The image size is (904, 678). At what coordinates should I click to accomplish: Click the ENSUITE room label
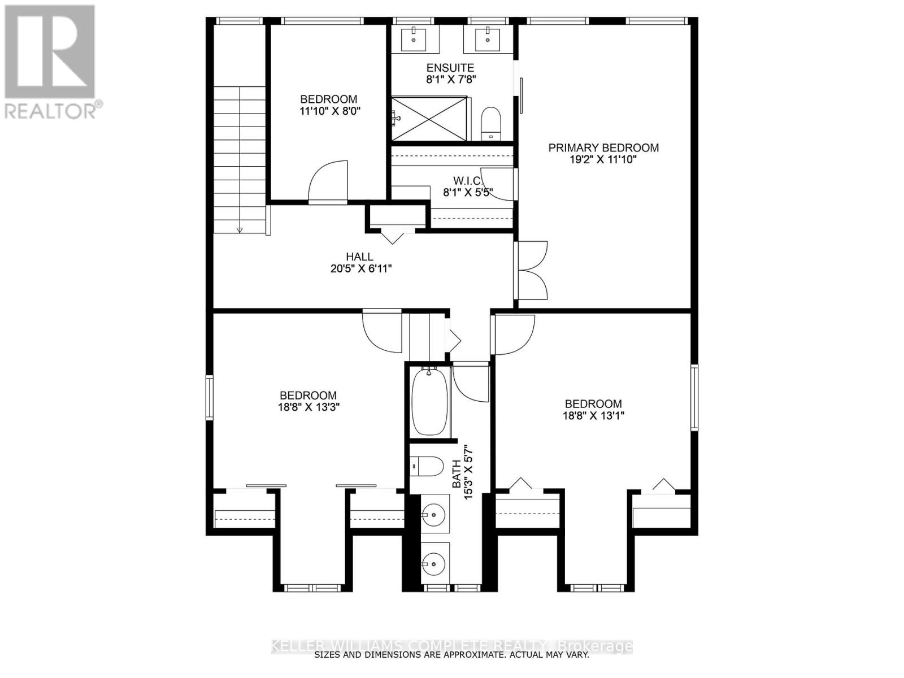[x=450, y=68]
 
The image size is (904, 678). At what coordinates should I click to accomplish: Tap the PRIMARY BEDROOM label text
[x=603, y=148]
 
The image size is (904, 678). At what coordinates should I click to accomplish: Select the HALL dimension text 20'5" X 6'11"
[x=360, y=269]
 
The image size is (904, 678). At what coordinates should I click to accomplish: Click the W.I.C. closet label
[x=467, y=181]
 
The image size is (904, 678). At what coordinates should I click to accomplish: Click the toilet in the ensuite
[x=491, y=123]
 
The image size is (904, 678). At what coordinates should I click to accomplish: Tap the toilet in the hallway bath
[x=428, y=467]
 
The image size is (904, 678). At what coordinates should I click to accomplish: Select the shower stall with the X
[x=430, y=119]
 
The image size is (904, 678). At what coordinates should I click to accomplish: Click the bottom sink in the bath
[x=434, y=563]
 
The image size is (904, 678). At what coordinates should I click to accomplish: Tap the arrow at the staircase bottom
[x=240, y=230]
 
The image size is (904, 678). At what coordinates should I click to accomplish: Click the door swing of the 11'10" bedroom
[x=329, y=181]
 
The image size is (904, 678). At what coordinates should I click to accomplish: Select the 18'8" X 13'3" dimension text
[x=308, y=407]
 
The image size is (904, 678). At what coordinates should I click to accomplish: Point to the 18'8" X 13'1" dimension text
[x=593, y=415]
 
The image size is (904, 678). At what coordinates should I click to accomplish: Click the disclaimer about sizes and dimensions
[x=451, y=655]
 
